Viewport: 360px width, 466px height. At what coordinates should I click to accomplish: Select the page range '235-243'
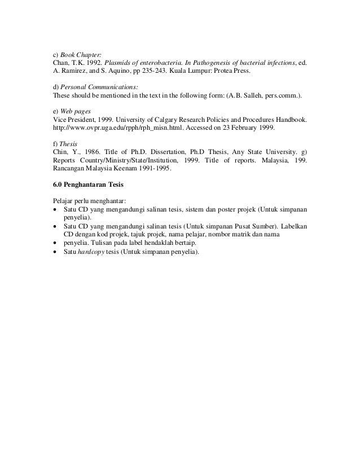point(146,72)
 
